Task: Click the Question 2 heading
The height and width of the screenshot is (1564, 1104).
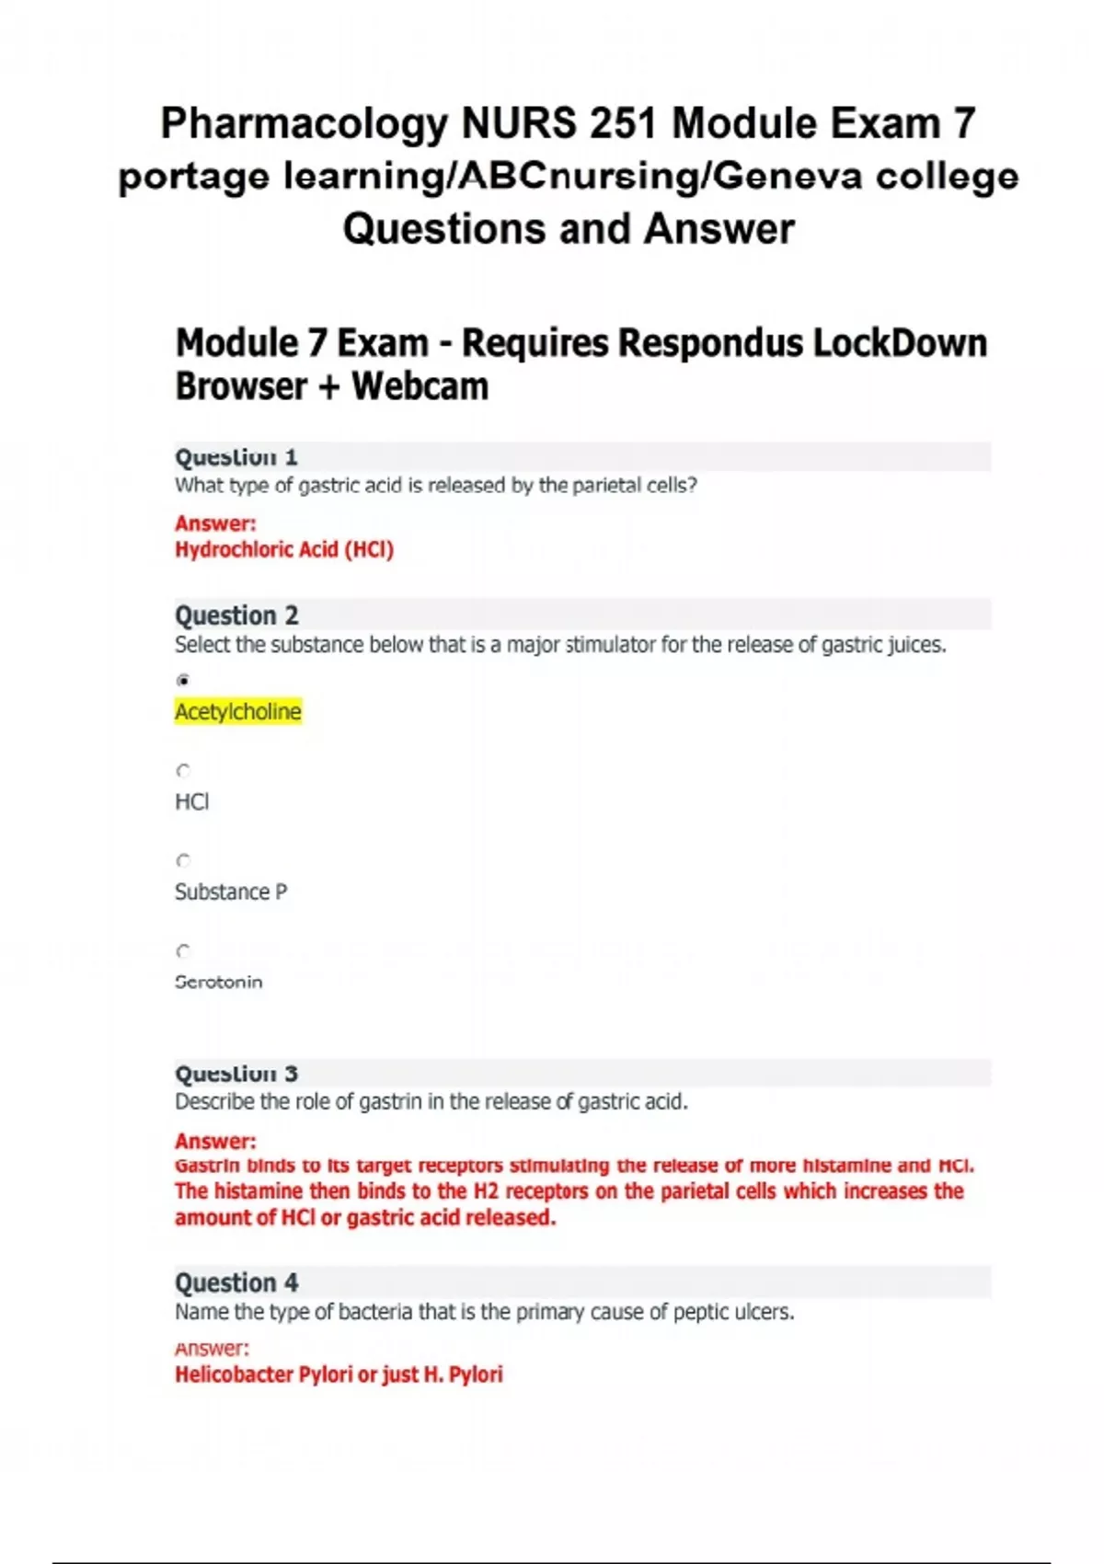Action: (x=236, y=615)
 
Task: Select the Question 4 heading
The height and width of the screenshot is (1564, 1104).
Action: (x=236, y=1282)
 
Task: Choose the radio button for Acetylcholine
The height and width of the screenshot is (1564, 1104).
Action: (x=183, y=681)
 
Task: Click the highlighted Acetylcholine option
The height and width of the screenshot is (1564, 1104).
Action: (x=238, y=711)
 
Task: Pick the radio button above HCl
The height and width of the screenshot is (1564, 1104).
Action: (x=183, y=771)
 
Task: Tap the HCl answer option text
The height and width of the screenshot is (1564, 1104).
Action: (x=192, y=801)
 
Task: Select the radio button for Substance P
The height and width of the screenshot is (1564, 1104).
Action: (x=183, y=861)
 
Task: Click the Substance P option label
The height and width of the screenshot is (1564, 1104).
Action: (x=231, y=891)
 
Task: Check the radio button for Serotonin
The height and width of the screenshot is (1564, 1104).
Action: (x=183, y=951)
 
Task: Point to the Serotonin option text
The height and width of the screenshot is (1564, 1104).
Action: (x=219, y=982)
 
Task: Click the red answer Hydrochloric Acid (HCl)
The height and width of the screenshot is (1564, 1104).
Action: (x=284, y=550)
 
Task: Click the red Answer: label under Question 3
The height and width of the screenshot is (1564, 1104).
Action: (x=215, y=1141)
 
